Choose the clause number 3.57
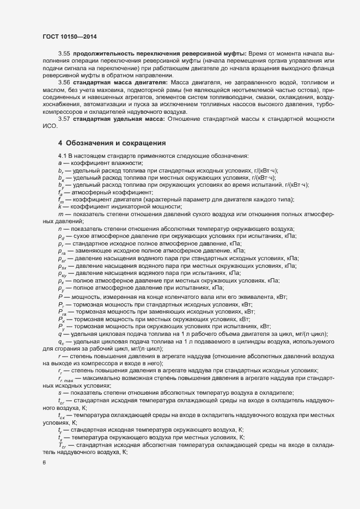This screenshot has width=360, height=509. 64,118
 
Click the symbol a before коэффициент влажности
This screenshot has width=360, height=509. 59,163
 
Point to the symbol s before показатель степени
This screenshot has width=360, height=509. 59,393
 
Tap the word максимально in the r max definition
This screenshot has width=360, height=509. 99,378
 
